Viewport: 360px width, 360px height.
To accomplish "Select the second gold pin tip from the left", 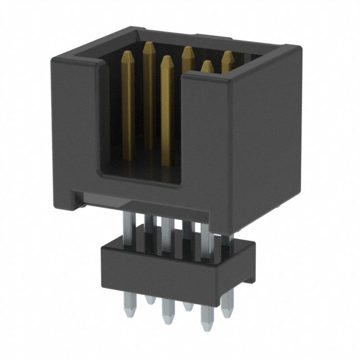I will click(x=149, y=46).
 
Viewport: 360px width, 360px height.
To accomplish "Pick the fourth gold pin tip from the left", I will click(x=187, y=50).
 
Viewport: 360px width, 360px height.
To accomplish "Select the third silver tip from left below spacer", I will click(x=166, y=318).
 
